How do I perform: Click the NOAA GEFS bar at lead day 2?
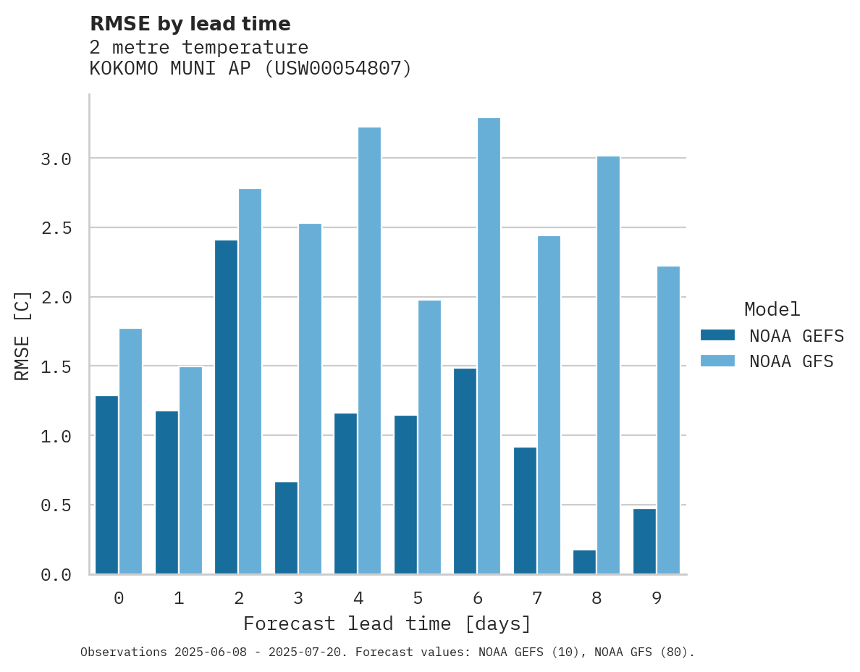point(226,407)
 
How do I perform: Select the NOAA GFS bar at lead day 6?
point(489,346)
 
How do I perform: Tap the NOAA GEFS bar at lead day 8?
point(584,562)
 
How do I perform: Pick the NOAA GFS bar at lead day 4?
point(369,350)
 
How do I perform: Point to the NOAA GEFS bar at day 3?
point(286,528)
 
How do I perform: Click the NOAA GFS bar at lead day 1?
point(190,471)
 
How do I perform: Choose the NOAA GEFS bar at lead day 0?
point(106,485)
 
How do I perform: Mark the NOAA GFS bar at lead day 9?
point(668,420)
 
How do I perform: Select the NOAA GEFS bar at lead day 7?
point(525,511)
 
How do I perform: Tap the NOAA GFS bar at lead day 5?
point(429,437)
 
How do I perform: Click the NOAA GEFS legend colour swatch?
point(717,335)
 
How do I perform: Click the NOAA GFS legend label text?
point(791,361)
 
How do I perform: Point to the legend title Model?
point(772,309)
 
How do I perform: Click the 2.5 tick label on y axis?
point(56,228)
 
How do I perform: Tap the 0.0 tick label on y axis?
point(56,575)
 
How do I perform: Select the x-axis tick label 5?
point(418,598)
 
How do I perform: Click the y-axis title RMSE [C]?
point(22,335)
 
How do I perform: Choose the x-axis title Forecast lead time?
point(387,623)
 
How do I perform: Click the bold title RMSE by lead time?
point(190,24)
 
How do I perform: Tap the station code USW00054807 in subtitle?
point(335,69)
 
